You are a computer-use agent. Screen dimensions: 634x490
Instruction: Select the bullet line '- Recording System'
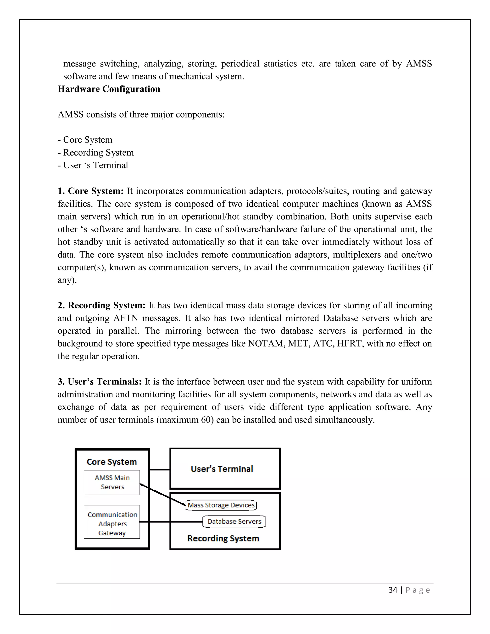point(96,152)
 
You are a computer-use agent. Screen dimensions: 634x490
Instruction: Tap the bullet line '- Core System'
point(85,140)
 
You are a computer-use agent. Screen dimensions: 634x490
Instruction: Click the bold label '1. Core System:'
point(91,191)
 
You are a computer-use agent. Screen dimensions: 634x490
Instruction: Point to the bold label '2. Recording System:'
point(101,305)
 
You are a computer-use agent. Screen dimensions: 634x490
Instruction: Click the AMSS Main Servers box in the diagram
point(112,483)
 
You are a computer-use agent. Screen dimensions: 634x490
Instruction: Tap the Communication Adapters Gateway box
point(112,524)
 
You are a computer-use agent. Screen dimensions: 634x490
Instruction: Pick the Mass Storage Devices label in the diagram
point(221,505)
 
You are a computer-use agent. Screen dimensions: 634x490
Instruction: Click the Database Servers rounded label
point(234,521)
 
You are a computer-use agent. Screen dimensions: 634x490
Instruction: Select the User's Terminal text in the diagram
point(222,469)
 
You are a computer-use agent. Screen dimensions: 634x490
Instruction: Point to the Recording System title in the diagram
point(223,538)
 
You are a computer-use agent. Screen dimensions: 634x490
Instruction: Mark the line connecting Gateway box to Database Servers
point(171,522)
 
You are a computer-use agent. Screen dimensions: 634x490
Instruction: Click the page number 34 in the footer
point(393,590)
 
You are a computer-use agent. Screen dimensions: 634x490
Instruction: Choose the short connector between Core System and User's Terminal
point(160,469)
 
